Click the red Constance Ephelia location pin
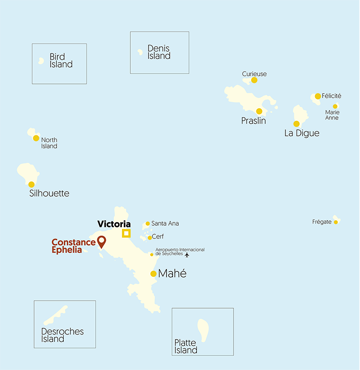[x=101, y=242]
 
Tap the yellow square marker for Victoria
[x=126, y=233]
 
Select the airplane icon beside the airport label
[x=187, y=255]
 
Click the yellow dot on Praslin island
[x=259, y=111]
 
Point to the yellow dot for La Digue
[x=296, y=124]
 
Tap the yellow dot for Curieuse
[x=254, y=80]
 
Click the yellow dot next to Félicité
[x=318, y=96]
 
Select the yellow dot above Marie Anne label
[x=335, y=106]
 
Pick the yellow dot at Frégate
[x=336, y=222]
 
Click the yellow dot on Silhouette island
[x=31, y=185]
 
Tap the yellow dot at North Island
[x=36, y=138]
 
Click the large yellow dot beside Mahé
[x=153, y=274]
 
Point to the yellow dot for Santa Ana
[x=148, y=224]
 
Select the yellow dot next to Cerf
[x=150, y=238]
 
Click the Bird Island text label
[x=61, y=61]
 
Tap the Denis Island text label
[x=159, y=52]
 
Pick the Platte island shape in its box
[x=203, y=330]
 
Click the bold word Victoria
[x=114, y=224]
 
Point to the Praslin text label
[x=254, y=121]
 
